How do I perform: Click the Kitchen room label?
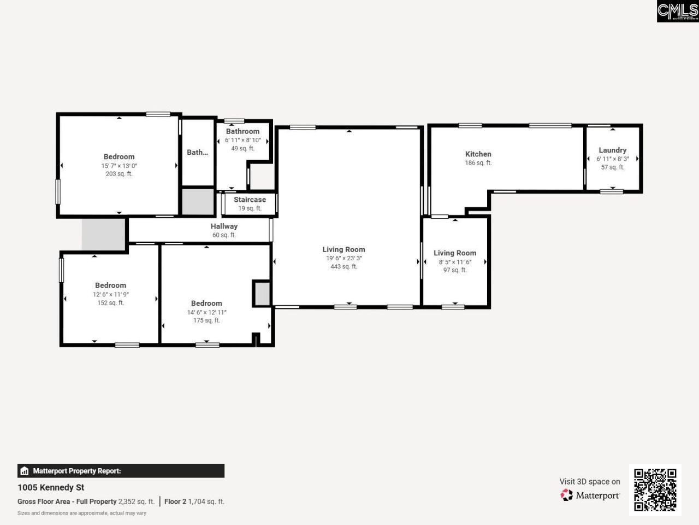pos(478,154)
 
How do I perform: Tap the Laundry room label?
pos(612,150)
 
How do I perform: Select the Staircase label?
pos(250,200)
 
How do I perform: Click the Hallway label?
pos(224,226)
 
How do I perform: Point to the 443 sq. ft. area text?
pos(343,267)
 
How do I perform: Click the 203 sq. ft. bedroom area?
pos(119,174)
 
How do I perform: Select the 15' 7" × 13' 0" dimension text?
pos(119,166)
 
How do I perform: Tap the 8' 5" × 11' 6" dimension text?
pos(455,262)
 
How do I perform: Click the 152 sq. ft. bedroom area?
pos(110,303)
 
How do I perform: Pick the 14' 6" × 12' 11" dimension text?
pos(206,312)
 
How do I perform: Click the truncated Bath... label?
pos(197,153)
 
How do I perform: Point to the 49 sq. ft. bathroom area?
pos(242,148)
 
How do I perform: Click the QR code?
pos(655,489)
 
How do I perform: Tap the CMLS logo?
pos(677,11)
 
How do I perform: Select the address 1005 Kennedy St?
pos(51,487)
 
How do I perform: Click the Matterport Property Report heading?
pos(76,471)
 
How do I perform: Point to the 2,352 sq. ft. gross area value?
pos(137,501)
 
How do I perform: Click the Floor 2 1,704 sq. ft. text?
pos(194,501)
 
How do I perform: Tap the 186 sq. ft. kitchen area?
pos(478,163)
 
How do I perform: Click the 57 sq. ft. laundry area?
pos(612,167)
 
